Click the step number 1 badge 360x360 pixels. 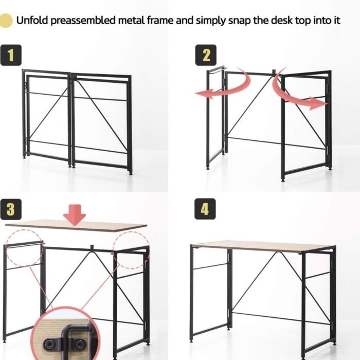[x=11, y=55]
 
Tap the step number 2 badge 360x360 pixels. [x=206, y=55]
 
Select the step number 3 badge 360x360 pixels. [x=11, y=209]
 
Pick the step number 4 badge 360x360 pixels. [x=205, y=209]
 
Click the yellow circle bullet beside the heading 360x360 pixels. [x=6, y=21]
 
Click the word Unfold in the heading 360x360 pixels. [x=32, y=21]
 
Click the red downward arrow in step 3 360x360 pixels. [x=75, y=215]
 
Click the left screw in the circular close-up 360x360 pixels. [x=49, y=344]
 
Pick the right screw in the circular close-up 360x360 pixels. [x=79, y=344]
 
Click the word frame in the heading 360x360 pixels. [x=160, y=21]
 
